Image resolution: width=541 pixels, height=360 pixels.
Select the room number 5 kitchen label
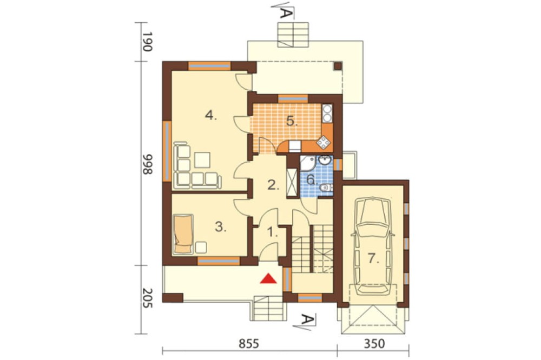click(x=292, y=121)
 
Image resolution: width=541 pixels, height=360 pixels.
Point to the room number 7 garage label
click(x=373, y=258)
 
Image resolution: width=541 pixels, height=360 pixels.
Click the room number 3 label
click(x=221, y=227)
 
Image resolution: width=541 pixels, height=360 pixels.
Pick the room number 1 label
click(x=273, y=232)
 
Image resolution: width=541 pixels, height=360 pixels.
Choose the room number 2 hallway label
click(x=273, y=185)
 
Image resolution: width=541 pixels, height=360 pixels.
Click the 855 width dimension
click(x=249, y=344)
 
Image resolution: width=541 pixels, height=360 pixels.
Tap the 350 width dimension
click(x=374, y=344)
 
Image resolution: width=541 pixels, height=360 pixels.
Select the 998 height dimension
click(x=147, y=164)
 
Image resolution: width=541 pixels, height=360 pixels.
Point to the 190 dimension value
click(x=147, y=42)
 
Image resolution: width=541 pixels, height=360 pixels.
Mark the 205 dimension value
click(x=147, y=298)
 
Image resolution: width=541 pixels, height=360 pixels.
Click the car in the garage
click(x=372, y=246)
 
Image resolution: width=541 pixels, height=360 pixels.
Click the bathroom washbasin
click(x=325, y=161)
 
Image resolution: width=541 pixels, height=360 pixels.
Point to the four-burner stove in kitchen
click(x=324, y=142)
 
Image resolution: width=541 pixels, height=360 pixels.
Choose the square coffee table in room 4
click(x=202, y=161)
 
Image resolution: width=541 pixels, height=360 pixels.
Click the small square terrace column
click(x=338, y=66)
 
